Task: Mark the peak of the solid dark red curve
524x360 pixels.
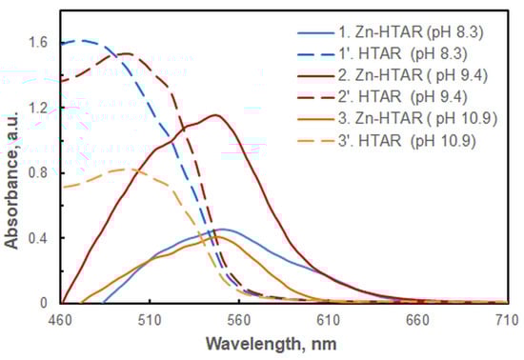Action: pyautogui.click(x=216, y=115)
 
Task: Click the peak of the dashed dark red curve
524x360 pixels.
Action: pyautogui.click(x=127, y=53)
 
